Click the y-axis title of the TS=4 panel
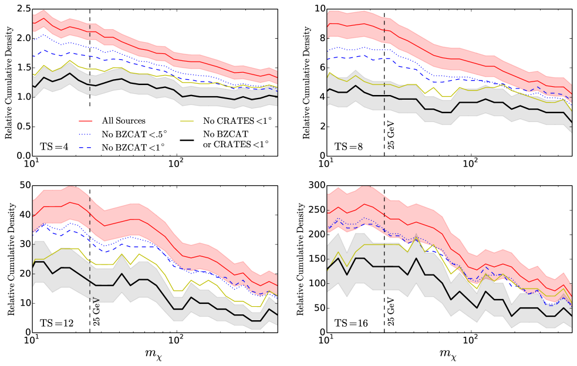click(x=8, y=82)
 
